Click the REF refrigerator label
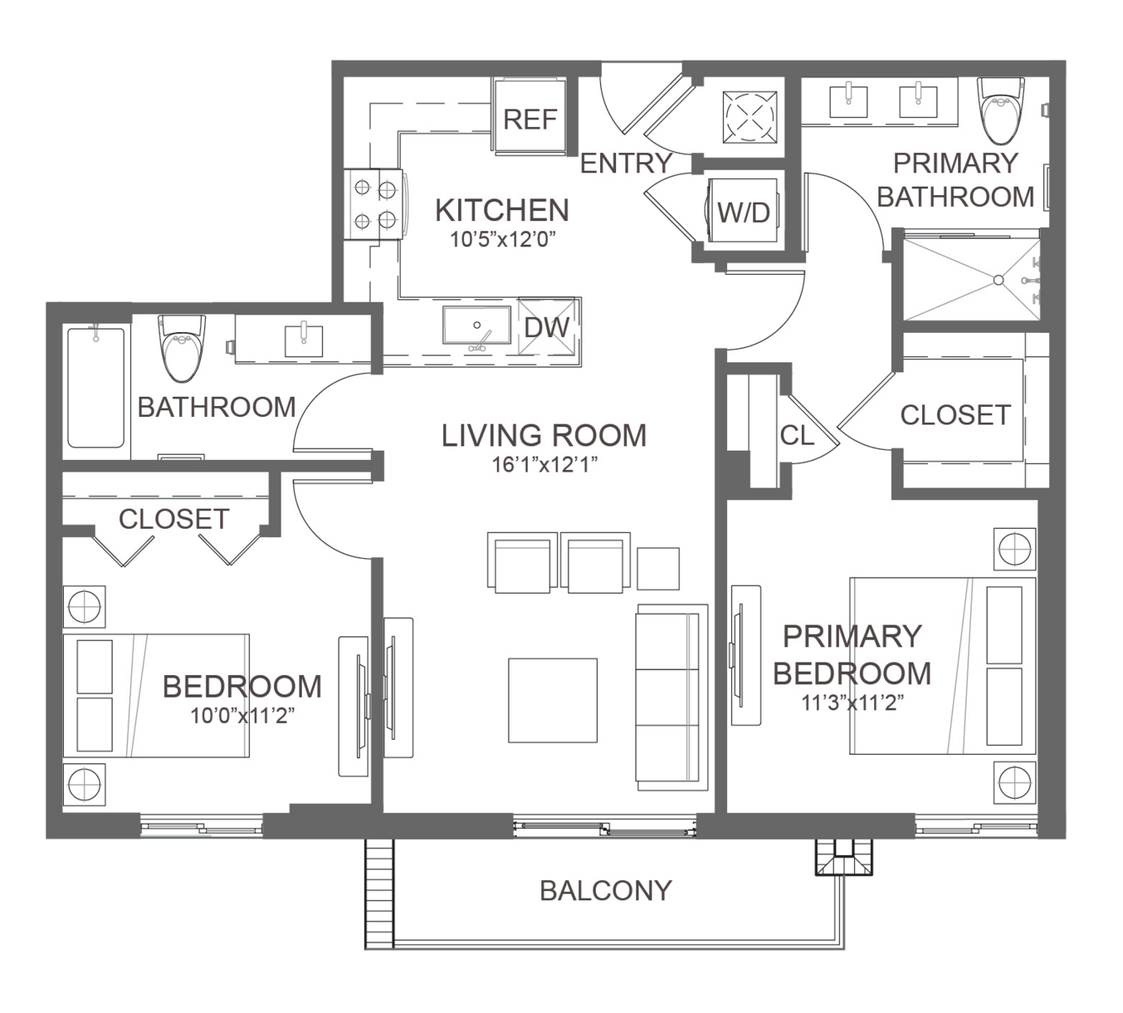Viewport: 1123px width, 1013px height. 530,119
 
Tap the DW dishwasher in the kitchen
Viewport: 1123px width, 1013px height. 547,326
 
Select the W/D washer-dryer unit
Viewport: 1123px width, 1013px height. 743,210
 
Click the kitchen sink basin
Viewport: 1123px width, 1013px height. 477,324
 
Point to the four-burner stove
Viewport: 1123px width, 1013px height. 373,204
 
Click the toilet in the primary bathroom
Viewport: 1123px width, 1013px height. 1001,111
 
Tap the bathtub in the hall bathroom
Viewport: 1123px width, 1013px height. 96,388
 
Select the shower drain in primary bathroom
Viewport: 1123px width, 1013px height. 999,280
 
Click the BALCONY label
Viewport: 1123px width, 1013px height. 606,890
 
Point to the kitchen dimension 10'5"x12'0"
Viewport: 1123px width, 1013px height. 502,240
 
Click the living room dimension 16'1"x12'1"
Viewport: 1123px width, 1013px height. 544,464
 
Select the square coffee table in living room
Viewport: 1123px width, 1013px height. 552,700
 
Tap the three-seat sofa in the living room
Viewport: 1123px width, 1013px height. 672,697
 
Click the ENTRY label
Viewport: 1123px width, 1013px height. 626,164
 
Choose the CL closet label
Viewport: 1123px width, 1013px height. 797,435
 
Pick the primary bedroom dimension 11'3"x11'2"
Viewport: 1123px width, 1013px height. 852,702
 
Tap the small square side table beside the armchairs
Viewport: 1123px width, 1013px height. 658,568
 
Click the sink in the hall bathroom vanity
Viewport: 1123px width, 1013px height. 303,340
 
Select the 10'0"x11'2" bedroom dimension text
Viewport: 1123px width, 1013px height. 242,715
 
